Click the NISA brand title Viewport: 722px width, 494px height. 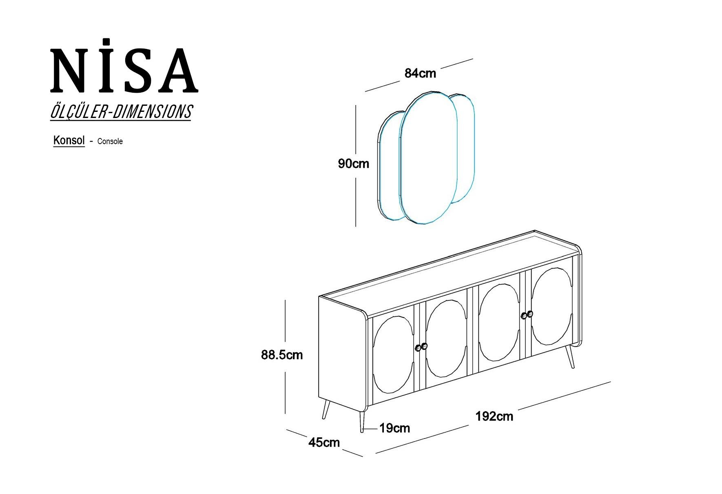pyautogui.click(x=124, y=66)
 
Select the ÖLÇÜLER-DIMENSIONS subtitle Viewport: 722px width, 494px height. pyautogui.click(x=121, y=112)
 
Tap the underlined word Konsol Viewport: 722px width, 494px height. pyautogui.click(x=69, y=140)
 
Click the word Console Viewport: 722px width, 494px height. pyautogui.click(x=110, y=141)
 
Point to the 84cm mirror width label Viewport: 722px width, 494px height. pyautogui.click(x=420, y=73)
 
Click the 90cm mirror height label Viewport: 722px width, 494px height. pyautogui.click(x=353, y=164)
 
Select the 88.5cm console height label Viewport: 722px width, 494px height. pyautogui.click(x=282, y=355)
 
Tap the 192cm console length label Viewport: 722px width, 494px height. pyautogui.click(x=494, y=416)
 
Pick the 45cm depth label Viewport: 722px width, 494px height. pyautogui.click(x=324, y=442)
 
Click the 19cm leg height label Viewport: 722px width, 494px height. pyautogui.click(x=394, y=428)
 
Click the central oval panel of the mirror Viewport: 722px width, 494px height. pyautogui.click(x=428, y=158)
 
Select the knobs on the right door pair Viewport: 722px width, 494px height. pyautogui.click(x=527, y=314)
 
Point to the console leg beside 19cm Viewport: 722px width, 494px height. pyautogui.click(x=361, y=421)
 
